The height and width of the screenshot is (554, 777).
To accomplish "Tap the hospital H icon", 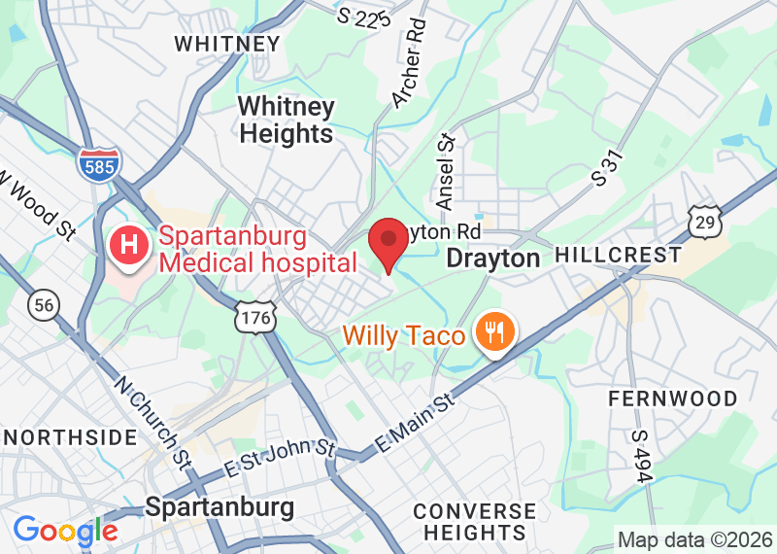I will (x=127, y=248).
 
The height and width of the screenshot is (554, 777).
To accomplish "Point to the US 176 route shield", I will (x=256, y=316).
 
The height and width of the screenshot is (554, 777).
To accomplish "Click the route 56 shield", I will (x=43, y=305).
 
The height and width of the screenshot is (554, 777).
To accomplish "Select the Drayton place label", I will (x=492, y=259).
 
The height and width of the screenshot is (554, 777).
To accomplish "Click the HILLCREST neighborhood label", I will (x=618, y=256).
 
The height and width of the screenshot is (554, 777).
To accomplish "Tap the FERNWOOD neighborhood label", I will (x=672, y=398).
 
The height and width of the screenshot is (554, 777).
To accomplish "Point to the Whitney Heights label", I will (x=287, y=120).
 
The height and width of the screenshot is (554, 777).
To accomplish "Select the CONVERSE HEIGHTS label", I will (x=474, y=522).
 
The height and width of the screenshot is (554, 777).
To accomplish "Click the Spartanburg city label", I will (x=220, y=507).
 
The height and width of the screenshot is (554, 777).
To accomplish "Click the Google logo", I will (x=65, y=532).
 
